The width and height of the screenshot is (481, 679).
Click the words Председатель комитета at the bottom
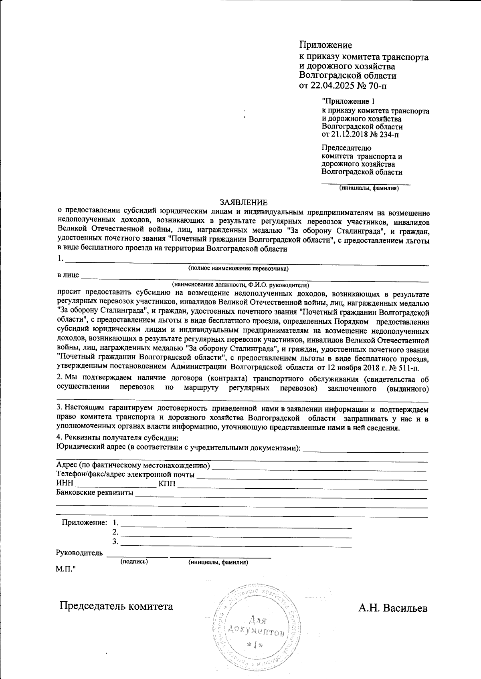coord(116,606)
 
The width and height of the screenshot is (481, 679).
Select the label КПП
coord(167,484)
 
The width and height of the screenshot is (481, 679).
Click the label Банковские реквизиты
coord(95,493)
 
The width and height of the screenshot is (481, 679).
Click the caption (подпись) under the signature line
coord(134,562)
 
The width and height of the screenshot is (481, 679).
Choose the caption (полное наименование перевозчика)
coord(238,268)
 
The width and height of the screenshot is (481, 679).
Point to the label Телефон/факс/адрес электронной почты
coord(125,475)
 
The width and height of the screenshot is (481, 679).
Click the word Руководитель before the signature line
coord(80,553)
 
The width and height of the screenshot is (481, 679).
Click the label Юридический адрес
coord(90,447)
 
